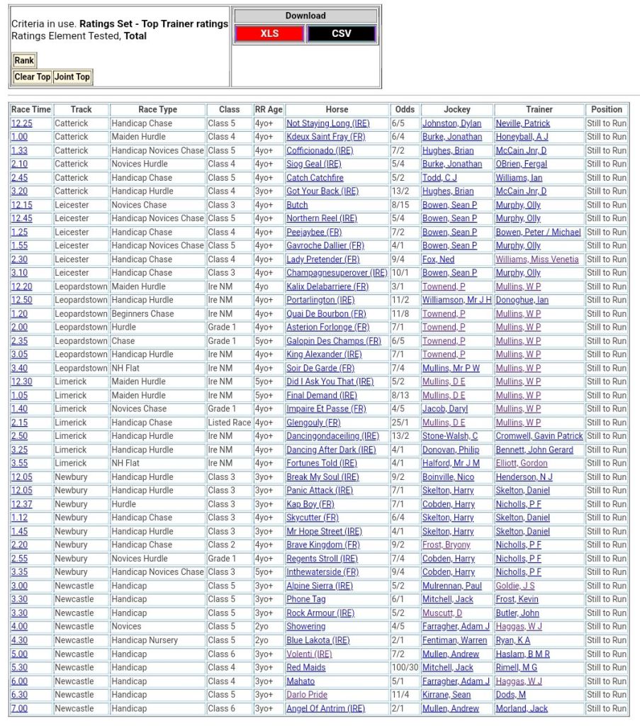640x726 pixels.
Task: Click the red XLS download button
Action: point(269,33)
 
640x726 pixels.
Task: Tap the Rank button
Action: point(24,60)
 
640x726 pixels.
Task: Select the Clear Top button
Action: point(33,77)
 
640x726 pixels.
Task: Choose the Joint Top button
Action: point(73,77)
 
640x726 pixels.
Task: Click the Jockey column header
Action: point(456,109)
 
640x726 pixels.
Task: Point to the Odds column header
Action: point(405,109)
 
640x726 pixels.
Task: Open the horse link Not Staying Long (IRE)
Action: point(327,123)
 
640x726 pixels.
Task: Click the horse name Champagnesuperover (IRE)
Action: point(337,273)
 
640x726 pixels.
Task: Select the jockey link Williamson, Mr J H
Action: point(456,300)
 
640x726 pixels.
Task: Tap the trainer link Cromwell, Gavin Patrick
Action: point(539,436)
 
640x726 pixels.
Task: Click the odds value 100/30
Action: point(405,667)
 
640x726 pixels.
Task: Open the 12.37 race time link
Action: point(21,504)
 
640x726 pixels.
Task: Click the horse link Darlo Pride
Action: point(307,695)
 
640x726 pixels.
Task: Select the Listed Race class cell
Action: point(229,423)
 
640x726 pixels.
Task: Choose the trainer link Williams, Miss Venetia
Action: point(537,259)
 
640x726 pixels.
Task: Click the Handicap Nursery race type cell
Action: point(145,640)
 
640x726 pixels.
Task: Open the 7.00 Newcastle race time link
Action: point(19,708)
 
